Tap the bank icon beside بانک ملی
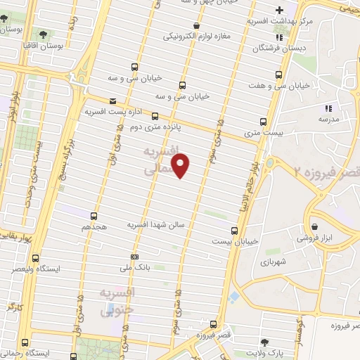(135, 256)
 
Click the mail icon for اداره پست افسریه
(112, 101)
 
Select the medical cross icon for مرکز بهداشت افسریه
(280, 10)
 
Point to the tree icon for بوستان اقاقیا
(43, 34)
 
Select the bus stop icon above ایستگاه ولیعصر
(36, 258)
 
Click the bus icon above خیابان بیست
(236, 230)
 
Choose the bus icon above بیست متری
(264, 122)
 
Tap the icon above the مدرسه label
(327, 108)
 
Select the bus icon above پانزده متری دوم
(155, 117)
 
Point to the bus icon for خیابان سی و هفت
(281, 75)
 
